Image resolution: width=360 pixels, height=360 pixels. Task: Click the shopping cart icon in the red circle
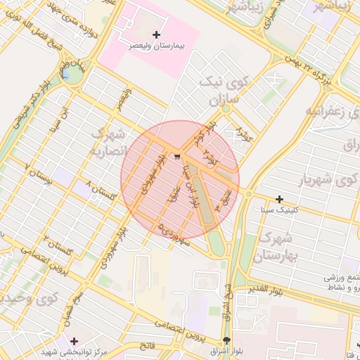point(177,156)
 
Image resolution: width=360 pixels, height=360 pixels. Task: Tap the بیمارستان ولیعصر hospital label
point(155,45)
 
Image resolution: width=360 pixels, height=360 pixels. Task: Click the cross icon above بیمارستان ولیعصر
point(156,34)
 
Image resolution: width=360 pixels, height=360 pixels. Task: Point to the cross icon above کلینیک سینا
point(280,200)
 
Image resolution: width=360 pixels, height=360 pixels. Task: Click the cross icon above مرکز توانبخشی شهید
point(74,340)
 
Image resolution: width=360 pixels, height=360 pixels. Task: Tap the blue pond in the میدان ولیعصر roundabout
point(66,72)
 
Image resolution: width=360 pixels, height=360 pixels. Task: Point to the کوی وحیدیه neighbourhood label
point(28,301)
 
